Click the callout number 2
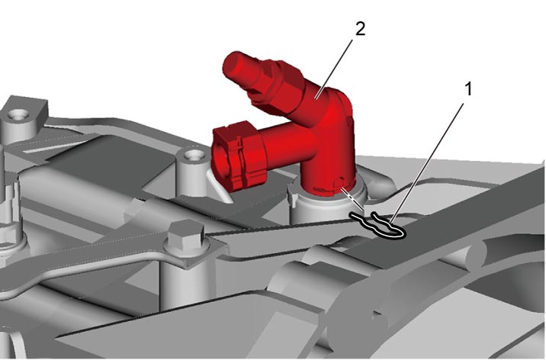[361, 29]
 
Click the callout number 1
[469, 89]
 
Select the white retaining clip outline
[378, 226]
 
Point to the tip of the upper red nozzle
[227, 64]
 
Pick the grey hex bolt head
[186, 237]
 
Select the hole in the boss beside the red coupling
[192, 154]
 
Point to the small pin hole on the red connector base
[339, 181]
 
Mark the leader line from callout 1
[427, 164]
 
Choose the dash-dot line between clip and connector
[352, 199]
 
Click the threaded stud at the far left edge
[7, 195]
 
